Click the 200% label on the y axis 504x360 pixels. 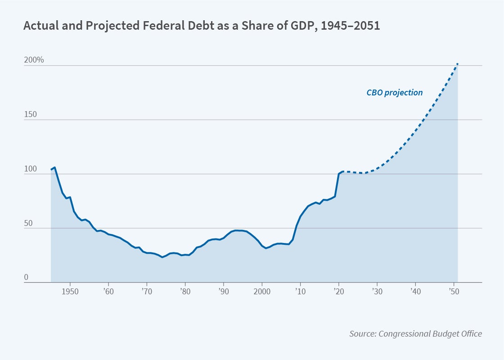[x=34, y=59]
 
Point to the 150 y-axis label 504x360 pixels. [x=30, y=114]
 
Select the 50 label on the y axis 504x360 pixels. [x=29, y=223]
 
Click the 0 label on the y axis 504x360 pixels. [x=26, y=277]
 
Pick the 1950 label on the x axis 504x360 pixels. [x=70, y=291]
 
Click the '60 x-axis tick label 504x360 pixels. [x=109, y=291]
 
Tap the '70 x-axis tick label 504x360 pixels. [x=147, y=291]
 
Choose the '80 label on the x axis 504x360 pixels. [x=185, y=291]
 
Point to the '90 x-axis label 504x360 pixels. [x=224, y=291]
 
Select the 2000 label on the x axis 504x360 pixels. [x=262, y=291]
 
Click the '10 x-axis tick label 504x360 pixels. [x=300, y=291]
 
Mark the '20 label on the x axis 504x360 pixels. [x=338, y=291]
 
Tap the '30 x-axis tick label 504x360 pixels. [x=377, y=291]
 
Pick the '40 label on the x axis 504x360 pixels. [x=415, y=291]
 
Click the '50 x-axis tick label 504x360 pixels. [x=453, y=291]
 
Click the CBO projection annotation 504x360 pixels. [x=394, y=93]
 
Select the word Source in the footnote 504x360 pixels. [x=363, y=334]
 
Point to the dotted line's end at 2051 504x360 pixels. [x=458, y=63]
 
